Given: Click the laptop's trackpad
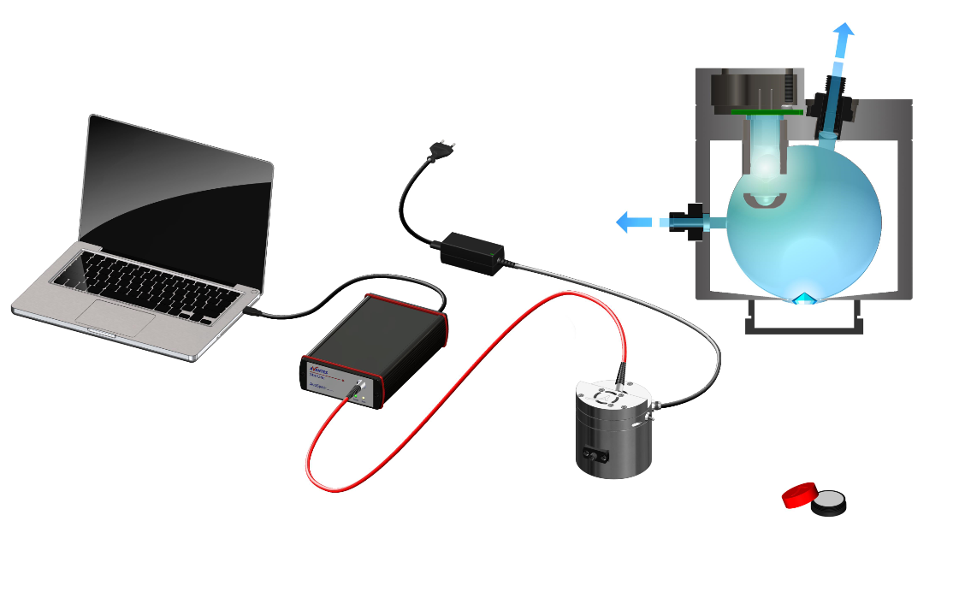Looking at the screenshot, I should [x=115, y=313].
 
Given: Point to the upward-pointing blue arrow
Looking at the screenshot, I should [x=844, y=38].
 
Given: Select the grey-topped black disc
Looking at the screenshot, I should [x=828, y=503].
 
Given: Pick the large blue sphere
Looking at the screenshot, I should [x=804, y=222].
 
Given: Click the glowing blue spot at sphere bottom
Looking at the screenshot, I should [x=803, y=299].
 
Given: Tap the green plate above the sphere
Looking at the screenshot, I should [x=767, y=110].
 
